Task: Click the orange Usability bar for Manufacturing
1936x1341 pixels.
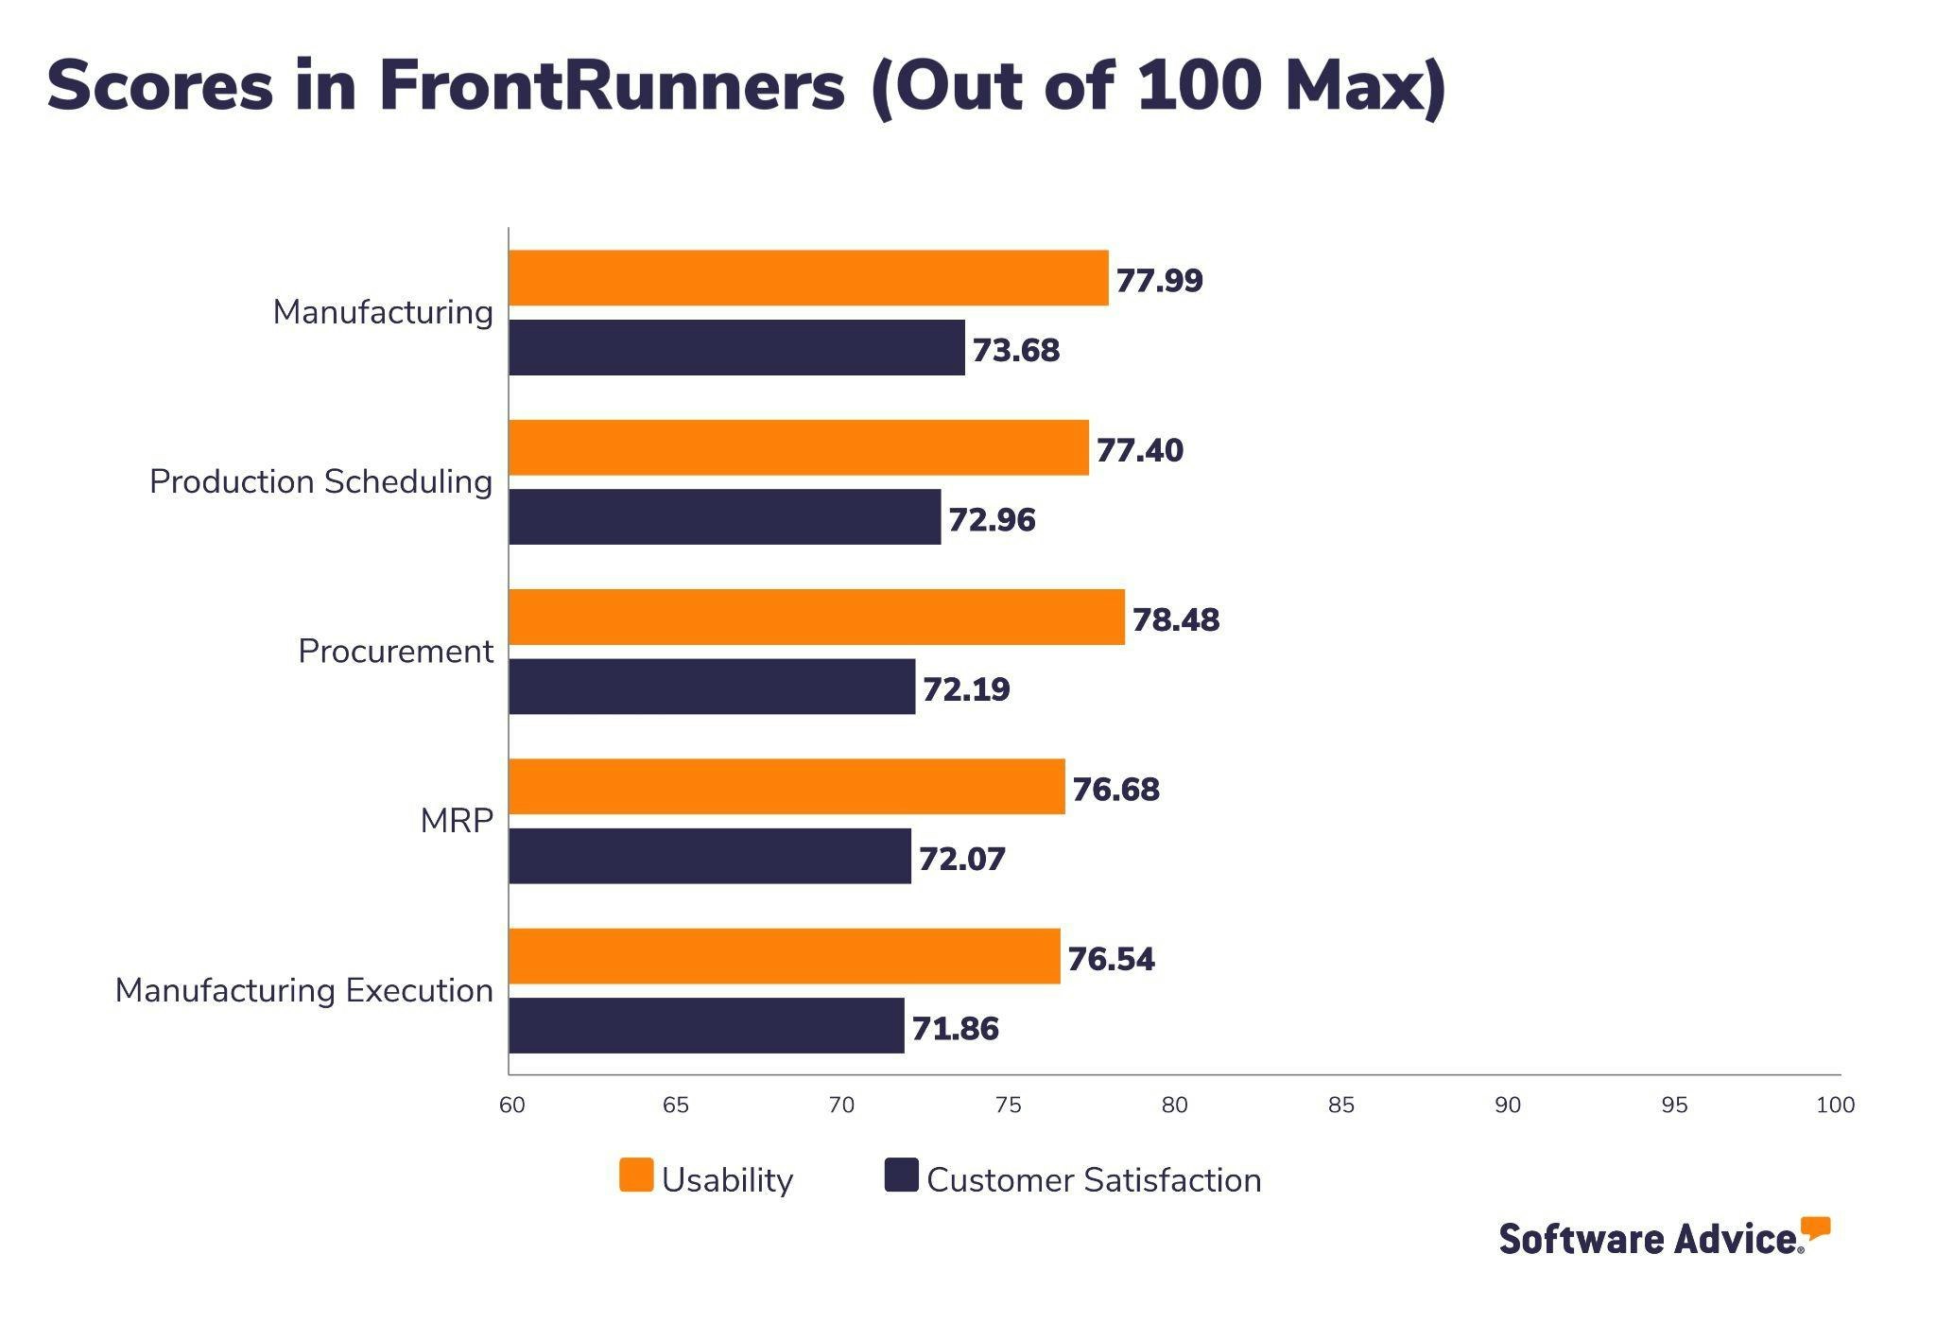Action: point(808,278)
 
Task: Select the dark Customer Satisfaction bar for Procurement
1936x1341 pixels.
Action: point(712,687)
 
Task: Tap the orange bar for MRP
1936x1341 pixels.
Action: point(786,786)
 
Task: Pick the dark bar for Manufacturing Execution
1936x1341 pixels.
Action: point(706,1025)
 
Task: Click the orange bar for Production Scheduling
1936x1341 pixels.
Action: point(799,447)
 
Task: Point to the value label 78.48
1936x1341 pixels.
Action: point(1175,619)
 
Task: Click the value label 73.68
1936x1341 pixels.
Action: point(1015,350)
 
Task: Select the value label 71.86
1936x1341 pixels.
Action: point(954,1028)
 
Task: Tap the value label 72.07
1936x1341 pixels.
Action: point(961,859)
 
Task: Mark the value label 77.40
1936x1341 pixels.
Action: point(1139,450)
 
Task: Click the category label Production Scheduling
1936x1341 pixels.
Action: point(320,481)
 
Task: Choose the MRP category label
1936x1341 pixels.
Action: point(457,821)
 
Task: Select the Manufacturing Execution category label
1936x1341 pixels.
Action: point(303,990)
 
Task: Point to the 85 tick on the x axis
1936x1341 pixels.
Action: point(1340,1105)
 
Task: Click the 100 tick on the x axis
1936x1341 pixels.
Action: point(1834,1105)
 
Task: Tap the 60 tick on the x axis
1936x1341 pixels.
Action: point(511,1105)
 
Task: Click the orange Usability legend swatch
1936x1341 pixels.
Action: point(636,1176)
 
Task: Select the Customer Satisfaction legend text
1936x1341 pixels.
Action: point(1093,1180)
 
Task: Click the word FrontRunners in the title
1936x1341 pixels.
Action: point(612,85)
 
